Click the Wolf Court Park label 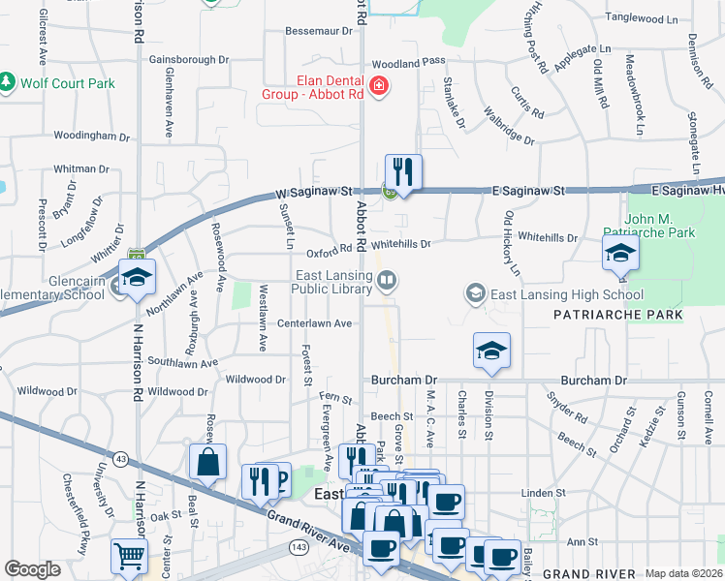[x=67, y=82]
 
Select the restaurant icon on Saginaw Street [x=403, y=173]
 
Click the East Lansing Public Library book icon [x=387, y=282]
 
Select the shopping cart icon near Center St [x=129, y=557]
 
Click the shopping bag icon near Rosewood [x=208, y=463]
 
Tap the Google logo [x=32, y=569]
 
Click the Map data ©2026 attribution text [x=682, y=573]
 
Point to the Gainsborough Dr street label [x=188, y=59]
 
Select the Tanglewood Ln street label [x=641, y=18]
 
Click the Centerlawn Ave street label [x=314, y=323]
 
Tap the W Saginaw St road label [x=312, y=193]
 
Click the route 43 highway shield [x=120, y=457]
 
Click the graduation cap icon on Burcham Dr [x=491, y=351]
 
